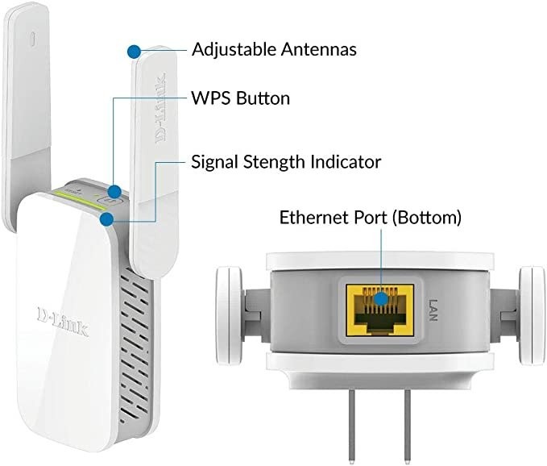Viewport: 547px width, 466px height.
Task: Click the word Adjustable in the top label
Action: pyautogui.click(x=234, y=50)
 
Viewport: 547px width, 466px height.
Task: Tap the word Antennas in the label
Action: pyautogui.click(x=319, y=49)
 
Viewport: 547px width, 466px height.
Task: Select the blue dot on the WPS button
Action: pyautogui.click(x=115, y=192)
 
